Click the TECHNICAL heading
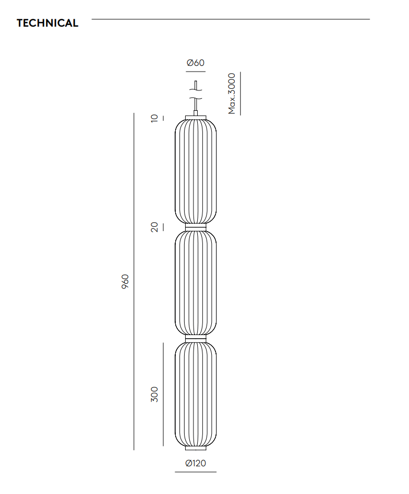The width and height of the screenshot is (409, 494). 47,23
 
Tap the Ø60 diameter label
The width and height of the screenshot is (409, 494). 196,63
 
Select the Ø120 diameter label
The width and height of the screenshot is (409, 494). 196,463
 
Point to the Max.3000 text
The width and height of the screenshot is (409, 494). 232,93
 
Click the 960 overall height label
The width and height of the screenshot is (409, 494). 125,282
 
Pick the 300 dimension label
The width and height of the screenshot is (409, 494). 154,394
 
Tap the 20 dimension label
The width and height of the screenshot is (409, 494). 154,227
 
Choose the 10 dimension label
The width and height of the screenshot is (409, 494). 154,118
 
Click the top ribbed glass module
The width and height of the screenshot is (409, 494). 196,171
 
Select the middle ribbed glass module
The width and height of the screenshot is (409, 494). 196,283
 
